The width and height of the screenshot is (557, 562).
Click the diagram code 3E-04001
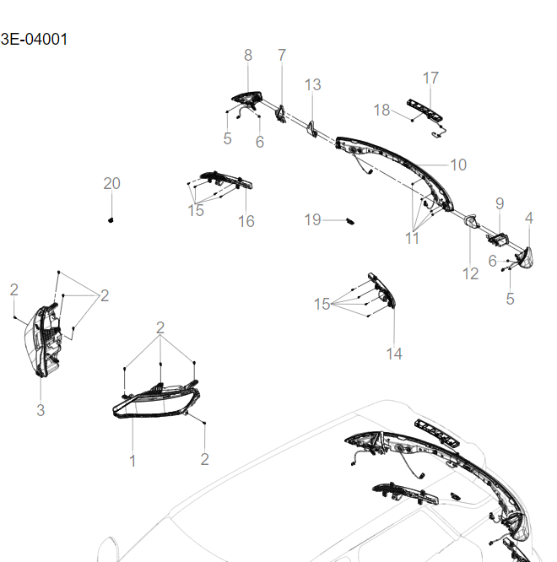[x=35, y=39]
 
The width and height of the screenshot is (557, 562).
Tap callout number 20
[x=111, y=184]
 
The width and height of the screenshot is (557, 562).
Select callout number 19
[x=313, y=219]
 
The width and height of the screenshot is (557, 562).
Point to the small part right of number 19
[x=351, y=220]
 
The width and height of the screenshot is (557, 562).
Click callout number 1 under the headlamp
[x=132, y=461]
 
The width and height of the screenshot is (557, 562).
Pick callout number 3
[x=40, y=410]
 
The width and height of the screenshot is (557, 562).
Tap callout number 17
[x=430, y=78]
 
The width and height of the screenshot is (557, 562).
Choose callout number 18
[x=381, y=110]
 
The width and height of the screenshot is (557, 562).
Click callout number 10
[x=457, y=165]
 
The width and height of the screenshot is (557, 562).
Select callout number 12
[x=470, y=273]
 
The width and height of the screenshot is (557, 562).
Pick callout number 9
[x=499, y=203]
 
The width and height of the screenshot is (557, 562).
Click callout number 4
[x=529, y=218]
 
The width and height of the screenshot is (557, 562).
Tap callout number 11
[x=412, y=238]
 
